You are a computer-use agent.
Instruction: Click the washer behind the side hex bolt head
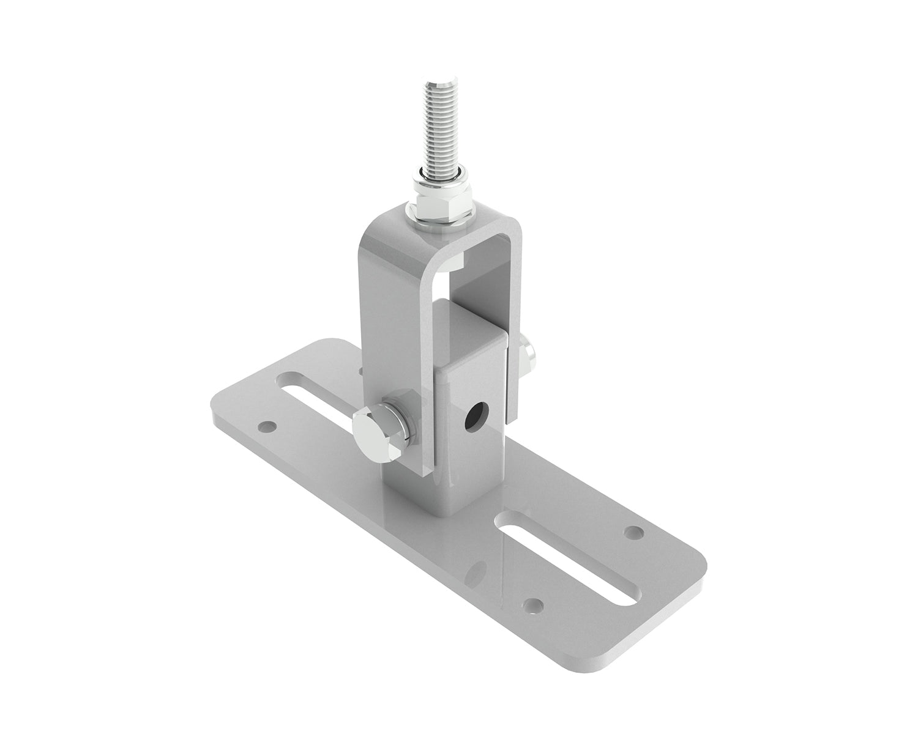tap(405, 424)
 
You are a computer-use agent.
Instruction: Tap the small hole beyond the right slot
tap(636, 532)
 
